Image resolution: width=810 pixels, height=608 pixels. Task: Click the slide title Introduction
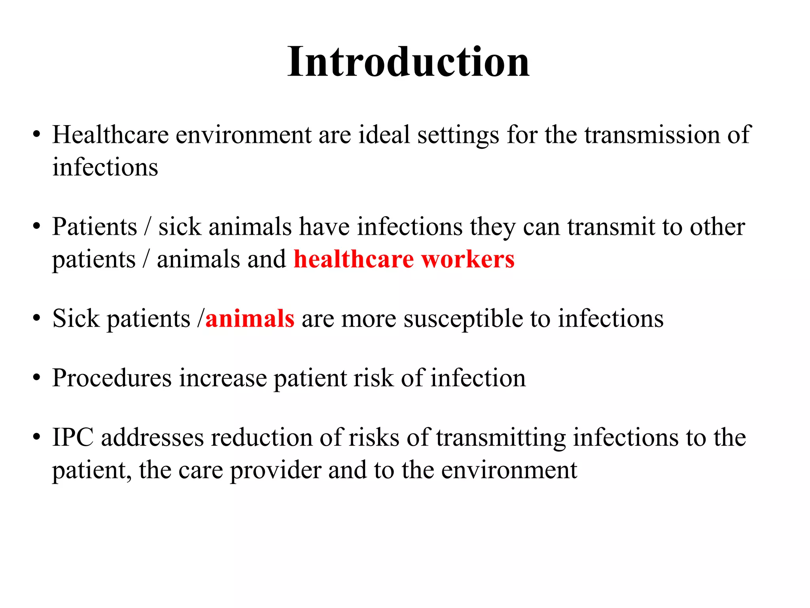pos(408,62)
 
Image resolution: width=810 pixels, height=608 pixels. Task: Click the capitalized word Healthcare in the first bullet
pos(110,135)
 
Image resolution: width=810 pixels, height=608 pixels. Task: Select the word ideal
pos(384,135)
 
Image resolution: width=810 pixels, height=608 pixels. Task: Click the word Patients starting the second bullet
pos(95,227)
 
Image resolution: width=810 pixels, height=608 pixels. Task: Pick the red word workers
pos(468,259)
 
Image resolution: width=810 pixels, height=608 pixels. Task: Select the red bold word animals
pos(250,319)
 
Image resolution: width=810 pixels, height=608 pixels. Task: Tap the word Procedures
pos(112,378)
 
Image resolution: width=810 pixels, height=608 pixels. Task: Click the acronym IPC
pos(73,438)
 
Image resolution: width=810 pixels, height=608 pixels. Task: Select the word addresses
pos(152,438)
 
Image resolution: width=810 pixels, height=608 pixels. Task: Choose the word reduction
pos(261,438)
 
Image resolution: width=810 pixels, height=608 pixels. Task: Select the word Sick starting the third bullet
pos(76,319)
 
